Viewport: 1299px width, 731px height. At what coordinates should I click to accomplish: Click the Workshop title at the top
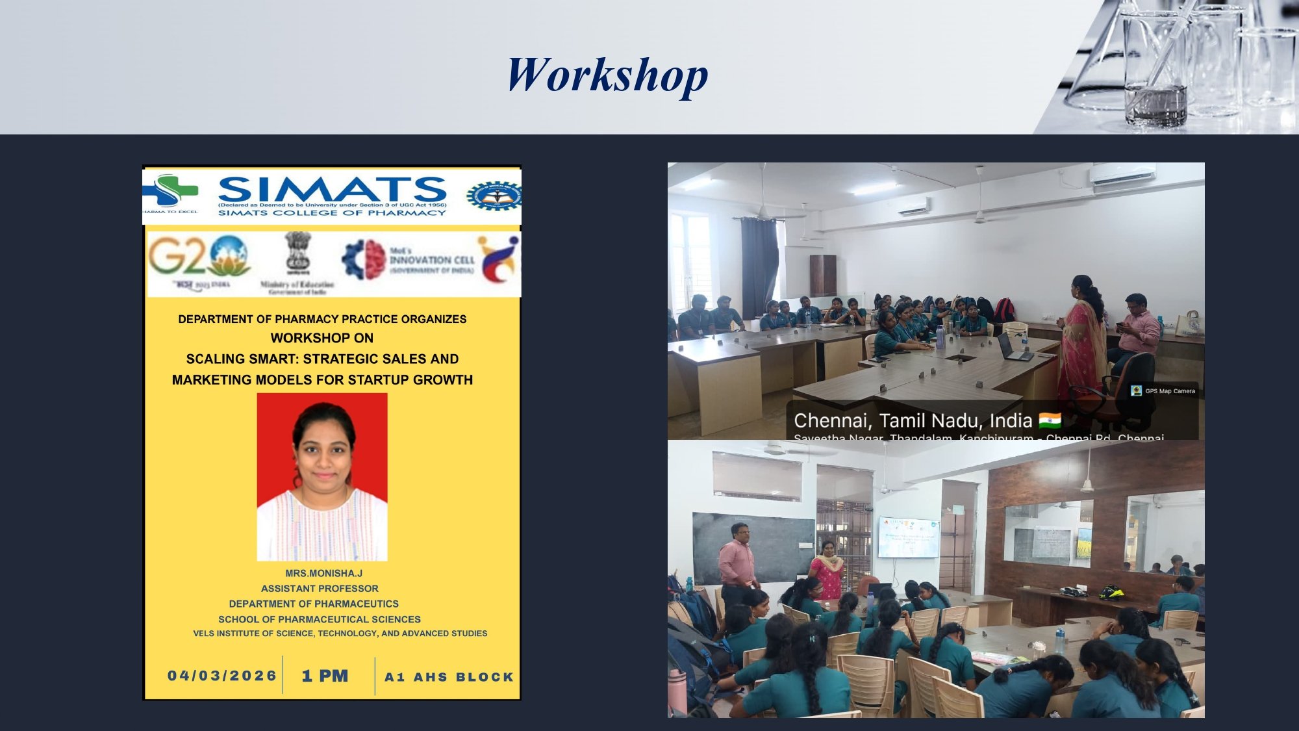(x=607, y=75)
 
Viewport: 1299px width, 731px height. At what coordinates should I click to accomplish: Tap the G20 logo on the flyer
(x=198, y=257)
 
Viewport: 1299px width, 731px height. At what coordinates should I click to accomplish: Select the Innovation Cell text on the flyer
(x=431, y=260)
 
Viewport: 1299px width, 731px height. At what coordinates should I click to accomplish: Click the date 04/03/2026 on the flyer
(x=222, y=676)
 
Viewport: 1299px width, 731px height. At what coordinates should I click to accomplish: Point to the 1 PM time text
(x=325, y=676)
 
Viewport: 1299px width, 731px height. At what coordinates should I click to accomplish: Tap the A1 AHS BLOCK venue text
(x=449, y=677)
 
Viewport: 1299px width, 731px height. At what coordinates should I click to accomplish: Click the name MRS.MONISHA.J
(x=323, y=573)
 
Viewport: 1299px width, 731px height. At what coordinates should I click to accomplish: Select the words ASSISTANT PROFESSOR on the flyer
(x=320, y=588)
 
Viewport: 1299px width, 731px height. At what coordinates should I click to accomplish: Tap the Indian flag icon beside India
(x=1050, y=420)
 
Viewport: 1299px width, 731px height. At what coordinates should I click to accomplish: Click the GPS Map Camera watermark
(x=1163, y=391)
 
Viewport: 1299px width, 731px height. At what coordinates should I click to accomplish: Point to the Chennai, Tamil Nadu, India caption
(x=913, y=420)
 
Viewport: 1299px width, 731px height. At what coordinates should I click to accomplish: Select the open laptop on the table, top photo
(x=1014, y=348)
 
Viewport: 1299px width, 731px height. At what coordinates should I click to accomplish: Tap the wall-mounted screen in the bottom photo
(x=909, y=537)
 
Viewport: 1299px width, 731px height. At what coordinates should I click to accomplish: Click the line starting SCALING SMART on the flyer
(x=322, y=359)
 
